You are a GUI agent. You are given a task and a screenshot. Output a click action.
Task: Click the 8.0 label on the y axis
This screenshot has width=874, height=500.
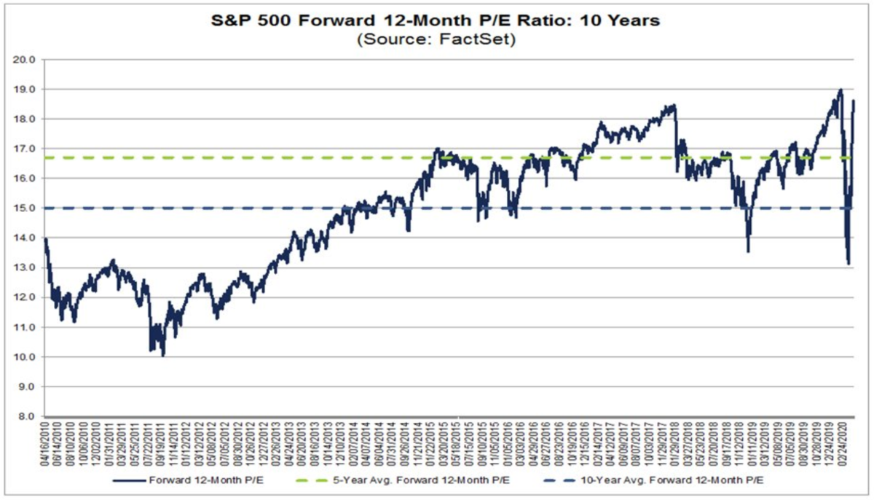tap(28, 416)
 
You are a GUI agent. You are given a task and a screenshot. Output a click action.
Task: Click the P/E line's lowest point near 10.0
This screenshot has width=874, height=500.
tap(163, 356)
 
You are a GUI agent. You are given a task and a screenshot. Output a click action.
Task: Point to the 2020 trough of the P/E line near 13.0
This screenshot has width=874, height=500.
tap(849, 263)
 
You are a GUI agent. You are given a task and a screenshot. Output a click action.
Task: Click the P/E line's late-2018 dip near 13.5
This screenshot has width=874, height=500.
tap(748, 251)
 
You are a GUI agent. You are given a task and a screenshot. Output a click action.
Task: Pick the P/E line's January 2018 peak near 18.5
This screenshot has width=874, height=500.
tap(674, 106)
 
